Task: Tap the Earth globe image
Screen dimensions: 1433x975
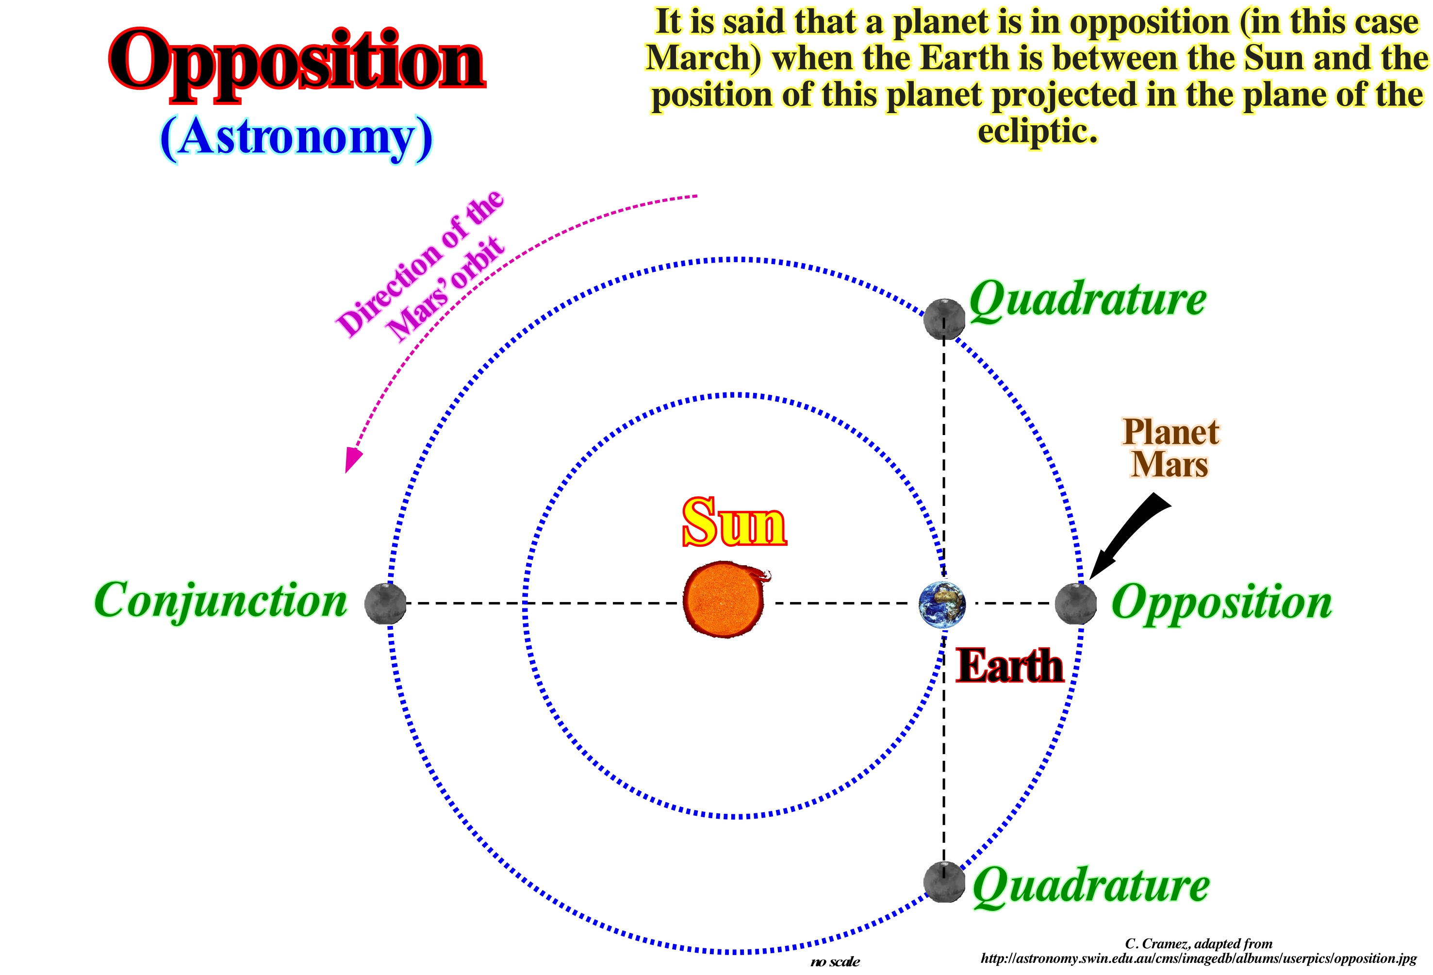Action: pos(942,604)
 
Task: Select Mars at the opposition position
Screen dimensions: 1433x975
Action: pos(1076,604)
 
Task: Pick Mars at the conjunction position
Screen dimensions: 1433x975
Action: pos(385,604)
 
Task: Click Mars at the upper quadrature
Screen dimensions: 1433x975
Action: pos(944,319)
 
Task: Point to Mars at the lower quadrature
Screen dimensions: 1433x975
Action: pos(944,882)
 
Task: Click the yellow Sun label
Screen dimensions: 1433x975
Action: pos(734,522)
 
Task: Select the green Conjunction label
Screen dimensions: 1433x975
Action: pos(221,601)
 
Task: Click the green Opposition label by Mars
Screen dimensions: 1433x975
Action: pos(1221,602)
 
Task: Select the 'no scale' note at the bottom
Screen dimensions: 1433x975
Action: pos(835,961)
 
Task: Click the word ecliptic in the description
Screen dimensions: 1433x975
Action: pos(1038,131)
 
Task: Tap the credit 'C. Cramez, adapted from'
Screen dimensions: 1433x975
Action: pos(1199,943)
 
